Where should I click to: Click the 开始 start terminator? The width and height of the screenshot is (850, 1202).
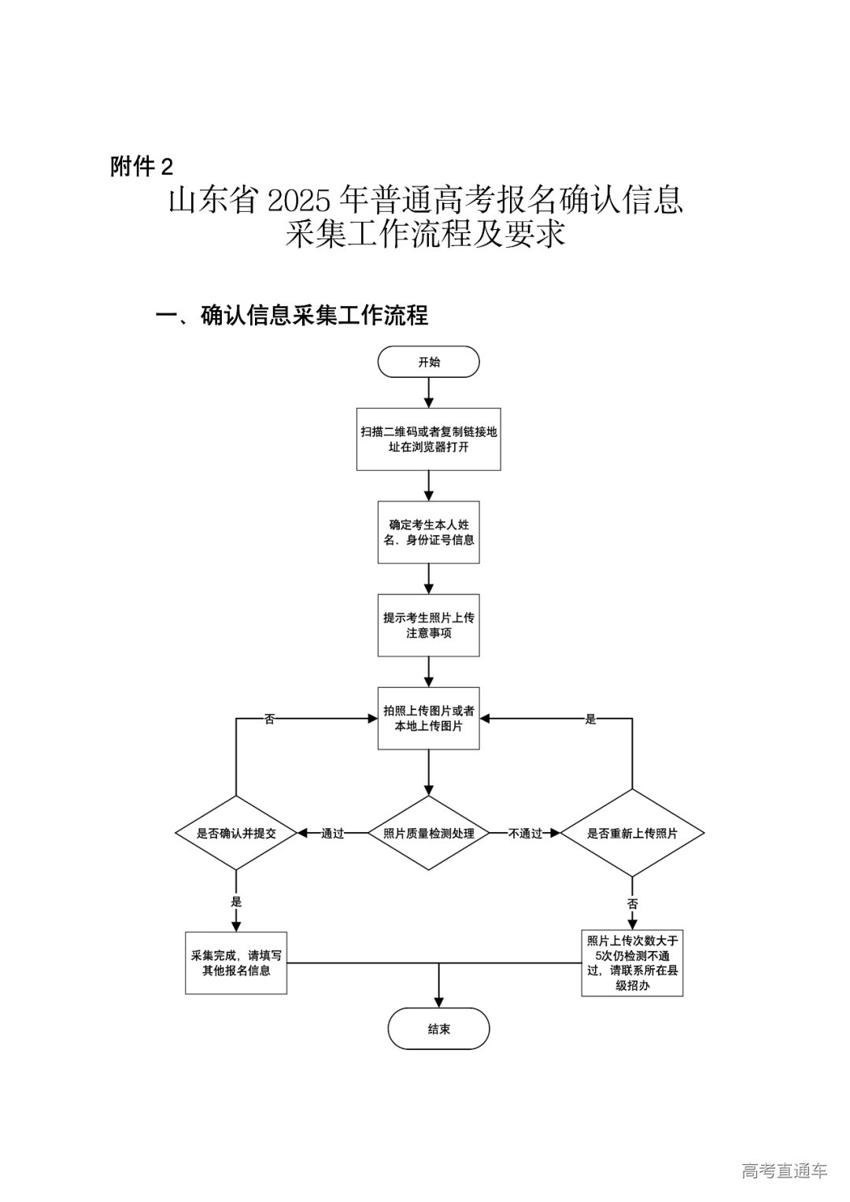tap(428, 363)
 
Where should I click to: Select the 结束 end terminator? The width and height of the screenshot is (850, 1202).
tap(438, 1029)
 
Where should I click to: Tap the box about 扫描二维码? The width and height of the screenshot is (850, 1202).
tap(428, 439)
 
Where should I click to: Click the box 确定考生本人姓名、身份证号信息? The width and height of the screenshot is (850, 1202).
tap(428, 532)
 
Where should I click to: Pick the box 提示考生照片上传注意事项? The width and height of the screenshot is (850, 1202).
tap(428, 625)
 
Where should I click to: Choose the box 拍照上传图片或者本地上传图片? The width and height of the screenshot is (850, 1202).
tap(428, 718)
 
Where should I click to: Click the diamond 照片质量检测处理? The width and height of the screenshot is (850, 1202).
tap(428, 833)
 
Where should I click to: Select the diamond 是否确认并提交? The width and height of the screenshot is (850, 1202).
tap(236, 833)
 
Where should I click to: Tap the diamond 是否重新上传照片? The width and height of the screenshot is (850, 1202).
tap(632, 833)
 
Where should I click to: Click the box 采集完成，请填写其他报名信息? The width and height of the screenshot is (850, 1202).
tap(236, 963)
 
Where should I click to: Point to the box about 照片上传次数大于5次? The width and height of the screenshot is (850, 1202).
tap(632, 963)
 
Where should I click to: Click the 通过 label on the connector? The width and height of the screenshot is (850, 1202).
tap(333, 834)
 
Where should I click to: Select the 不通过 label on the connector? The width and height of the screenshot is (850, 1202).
tap(525, 834)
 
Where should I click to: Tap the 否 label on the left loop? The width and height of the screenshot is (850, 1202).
tap(269, 719)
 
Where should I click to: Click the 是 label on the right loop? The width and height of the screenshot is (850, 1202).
tap(590, 719)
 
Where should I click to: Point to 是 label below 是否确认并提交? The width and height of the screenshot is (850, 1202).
tap(236, 902)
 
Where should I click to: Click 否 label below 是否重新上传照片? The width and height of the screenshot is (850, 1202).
tap(632, 902)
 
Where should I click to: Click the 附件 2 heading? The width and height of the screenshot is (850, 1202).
tap(142, 166)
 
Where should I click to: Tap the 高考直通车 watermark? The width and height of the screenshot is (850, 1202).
tap(784, 1171)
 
